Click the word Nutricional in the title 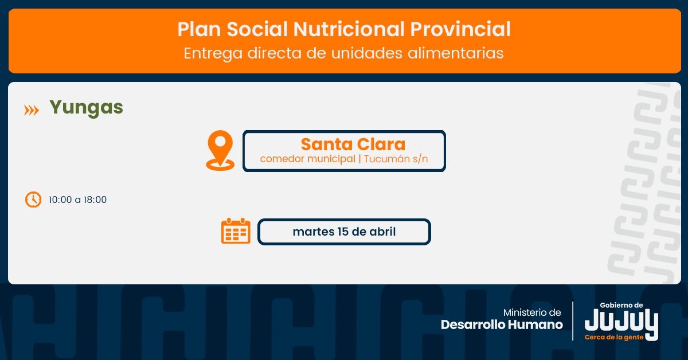click(x=349, y=29)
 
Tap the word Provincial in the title click(x=460, y=29)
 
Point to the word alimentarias click(x=455, y=53)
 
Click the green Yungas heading click(x=87, y=108)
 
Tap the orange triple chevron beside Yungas click(x=32, y=110)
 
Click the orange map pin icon click(x=220, y=150)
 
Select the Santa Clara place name click(x=353, y=144)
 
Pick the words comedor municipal click(x=307, y=159)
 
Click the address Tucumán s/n click(x=396, y=159)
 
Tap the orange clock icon click(x=33, y=199)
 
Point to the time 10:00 click(x=60, y=199)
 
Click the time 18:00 click(x=95, y=199)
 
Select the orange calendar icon click(x=236, y=231)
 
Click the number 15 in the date click(x=342, y=232)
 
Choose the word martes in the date click(x=313, y=232)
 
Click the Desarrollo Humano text click(x=502, y=324)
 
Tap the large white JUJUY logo click(x=621, y=322)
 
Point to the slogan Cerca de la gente click(x=614, y=337)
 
